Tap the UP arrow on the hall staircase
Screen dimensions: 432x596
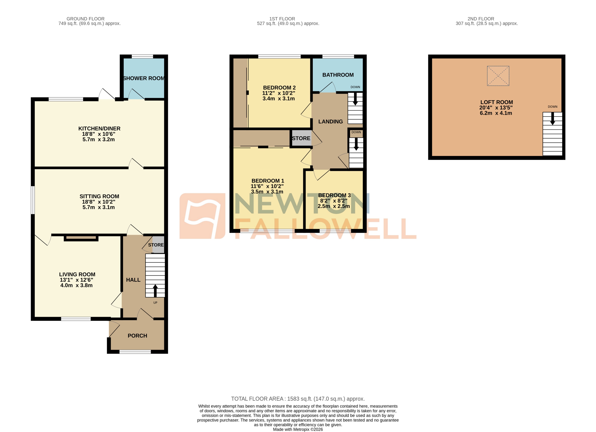[155, 291]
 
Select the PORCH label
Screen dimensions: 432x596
[137, 336]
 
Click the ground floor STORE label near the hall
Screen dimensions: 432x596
[156, 245]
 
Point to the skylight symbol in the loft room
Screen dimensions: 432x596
[498, 76]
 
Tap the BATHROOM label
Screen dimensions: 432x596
[338, 75]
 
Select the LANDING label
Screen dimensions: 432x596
[330, 122]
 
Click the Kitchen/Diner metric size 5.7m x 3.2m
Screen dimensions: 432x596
[99, 139]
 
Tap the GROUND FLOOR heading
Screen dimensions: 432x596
[85, 19]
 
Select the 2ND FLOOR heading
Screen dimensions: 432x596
[481, 19]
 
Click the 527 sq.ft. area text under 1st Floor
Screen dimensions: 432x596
[288, 23]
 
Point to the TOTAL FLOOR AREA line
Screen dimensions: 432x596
[298, 399]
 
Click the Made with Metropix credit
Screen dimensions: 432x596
[298, 429]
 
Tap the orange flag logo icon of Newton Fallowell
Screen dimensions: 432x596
[202, 216]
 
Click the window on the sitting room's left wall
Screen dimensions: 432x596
[33, 200]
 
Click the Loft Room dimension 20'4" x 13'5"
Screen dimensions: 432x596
[496, 108]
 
